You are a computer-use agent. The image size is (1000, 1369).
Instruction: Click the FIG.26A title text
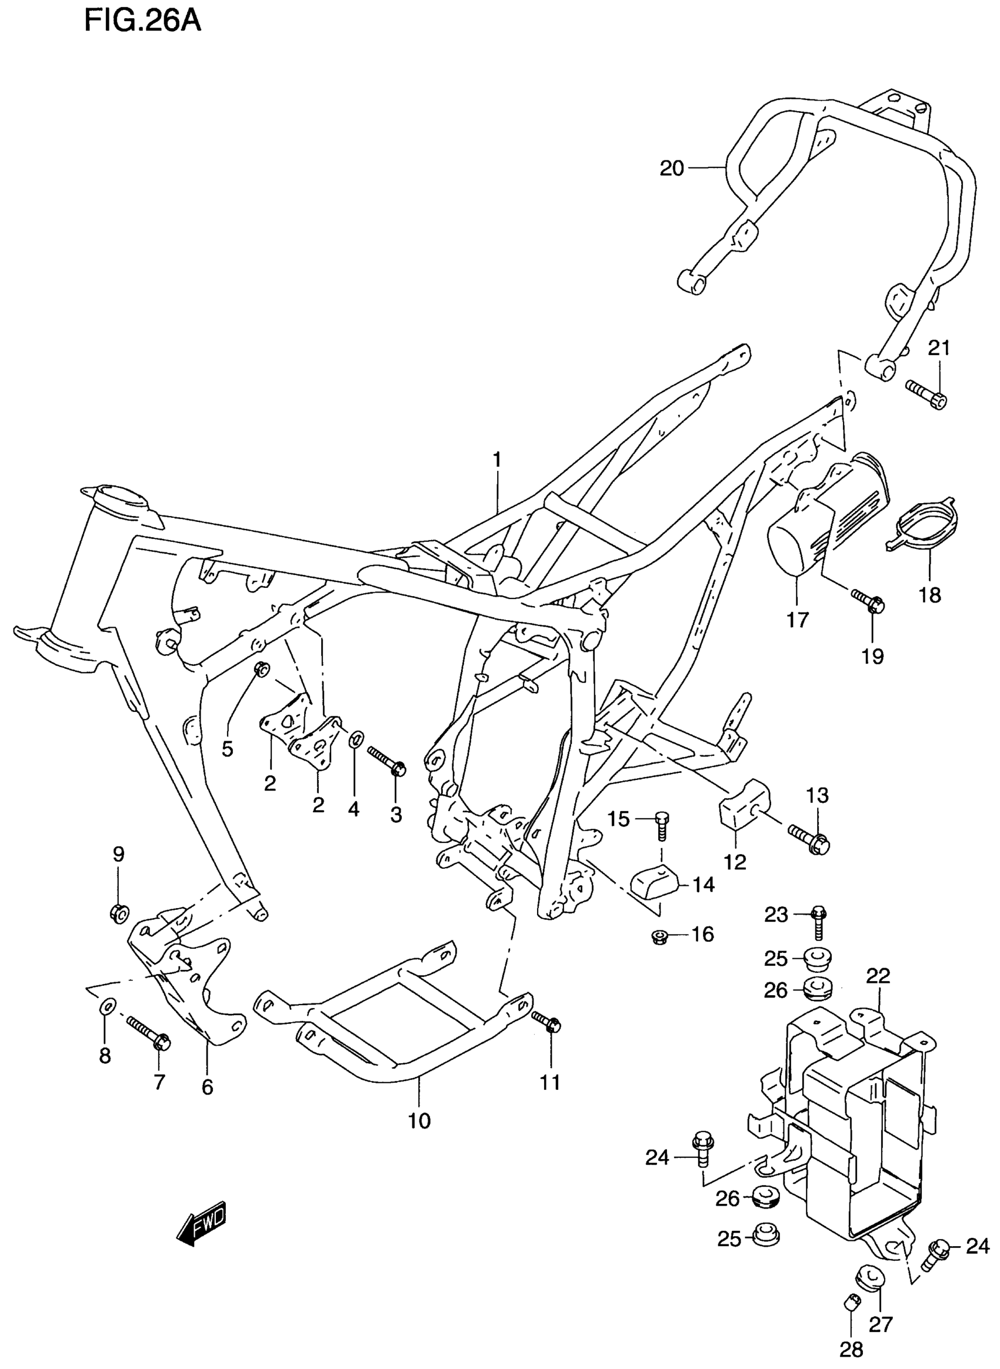pos(143,22)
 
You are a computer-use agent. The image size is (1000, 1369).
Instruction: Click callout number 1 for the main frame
pos(496,461)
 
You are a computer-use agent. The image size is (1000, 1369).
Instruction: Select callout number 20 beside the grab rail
pos(671,168)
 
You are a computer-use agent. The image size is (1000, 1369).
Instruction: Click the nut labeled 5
pos(262,670)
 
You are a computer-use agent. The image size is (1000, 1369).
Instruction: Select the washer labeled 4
pos(356,739)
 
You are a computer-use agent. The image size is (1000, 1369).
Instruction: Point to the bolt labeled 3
pos(386,762)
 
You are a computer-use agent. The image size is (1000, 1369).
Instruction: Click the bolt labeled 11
pos(546,1022)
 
